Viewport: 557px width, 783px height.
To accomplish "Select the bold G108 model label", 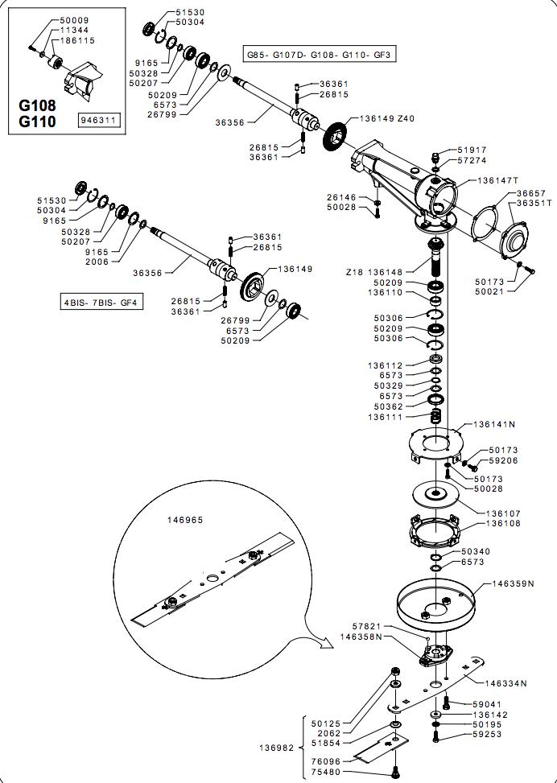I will coord(37,106).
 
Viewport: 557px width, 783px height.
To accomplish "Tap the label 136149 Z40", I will coord(387,117).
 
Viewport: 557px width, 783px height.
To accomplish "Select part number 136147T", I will coord(497,180).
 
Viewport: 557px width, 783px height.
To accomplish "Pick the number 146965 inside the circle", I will coord(186,520).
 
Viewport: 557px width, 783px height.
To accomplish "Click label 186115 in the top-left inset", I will coord(77,40).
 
